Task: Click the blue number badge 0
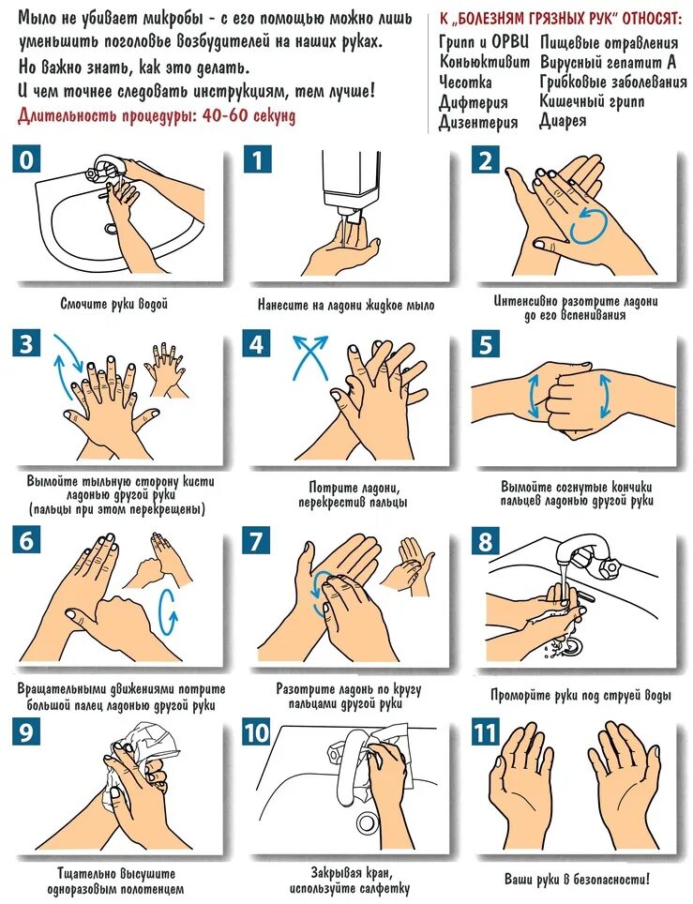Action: click(26, 159)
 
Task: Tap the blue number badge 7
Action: click(257, 540)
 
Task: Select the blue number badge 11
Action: click(486, 732)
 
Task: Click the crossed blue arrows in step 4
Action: click(310, 358)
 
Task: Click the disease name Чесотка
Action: click(465, 82)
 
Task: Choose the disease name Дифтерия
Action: click(474, 102)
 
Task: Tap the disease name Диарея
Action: click(563, 121)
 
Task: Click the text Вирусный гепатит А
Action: click(608, 62)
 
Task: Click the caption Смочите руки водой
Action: click(114, 304)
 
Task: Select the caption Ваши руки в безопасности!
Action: click(577, 880)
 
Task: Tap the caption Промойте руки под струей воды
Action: click(580, 695)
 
